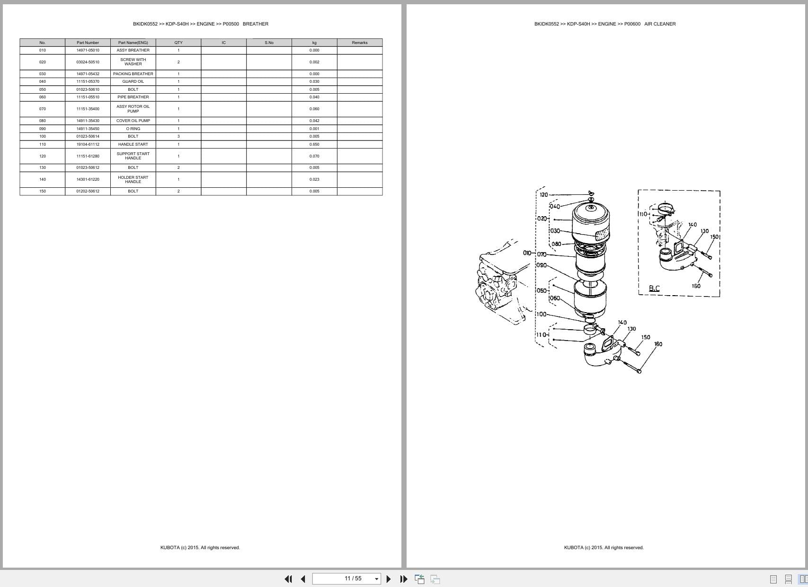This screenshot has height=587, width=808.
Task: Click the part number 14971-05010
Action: click(88, 50)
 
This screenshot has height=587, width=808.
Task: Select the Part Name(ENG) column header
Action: click(133, 43)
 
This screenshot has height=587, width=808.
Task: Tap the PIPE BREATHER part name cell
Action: click(133, 97)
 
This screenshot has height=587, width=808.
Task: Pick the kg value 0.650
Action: click(314, 144)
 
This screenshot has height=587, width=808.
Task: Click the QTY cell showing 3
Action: click(178, 136)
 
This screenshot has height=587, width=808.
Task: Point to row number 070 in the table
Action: click(43, 109)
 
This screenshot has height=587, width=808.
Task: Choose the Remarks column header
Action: click(360, 43)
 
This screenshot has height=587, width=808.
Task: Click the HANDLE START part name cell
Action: click(133, 144)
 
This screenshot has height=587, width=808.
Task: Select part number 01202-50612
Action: click(88, 191)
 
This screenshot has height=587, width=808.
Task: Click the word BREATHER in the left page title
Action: click(256, 24)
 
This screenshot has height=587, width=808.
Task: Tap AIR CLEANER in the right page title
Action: click(660, 24)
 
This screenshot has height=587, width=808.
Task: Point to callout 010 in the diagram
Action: click(527, 253)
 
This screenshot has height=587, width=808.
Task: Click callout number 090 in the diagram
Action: click(542, 265)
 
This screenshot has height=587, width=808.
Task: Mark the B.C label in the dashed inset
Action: click(654, 288)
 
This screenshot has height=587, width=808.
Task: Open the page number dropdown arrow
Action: click(377, 579)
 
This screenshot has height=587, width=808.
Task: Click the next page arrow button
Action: click(389, 579)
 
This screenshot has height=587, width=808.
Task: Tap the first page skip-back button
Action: click(288, 579)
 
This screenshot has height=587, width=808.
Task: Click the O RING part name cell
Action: click(133, 129)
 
